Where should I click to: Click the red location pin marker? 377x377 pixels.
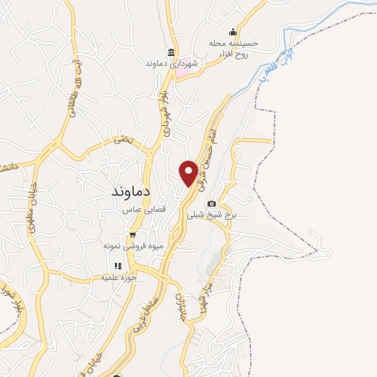pos(189,173)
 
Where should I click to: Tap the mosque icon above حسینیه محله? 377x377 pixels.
pos(233,31)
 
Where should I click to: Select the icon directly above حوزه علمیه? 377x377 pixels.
pos(118,267)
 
